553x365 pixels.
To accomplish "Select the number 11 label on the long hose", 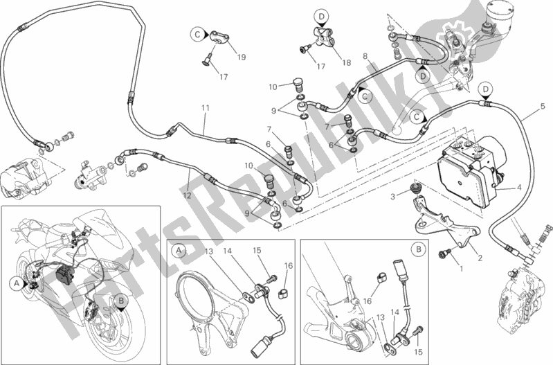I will point(205,108).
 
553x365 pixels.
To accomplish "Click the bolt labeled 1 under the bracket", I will point(443,253).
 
